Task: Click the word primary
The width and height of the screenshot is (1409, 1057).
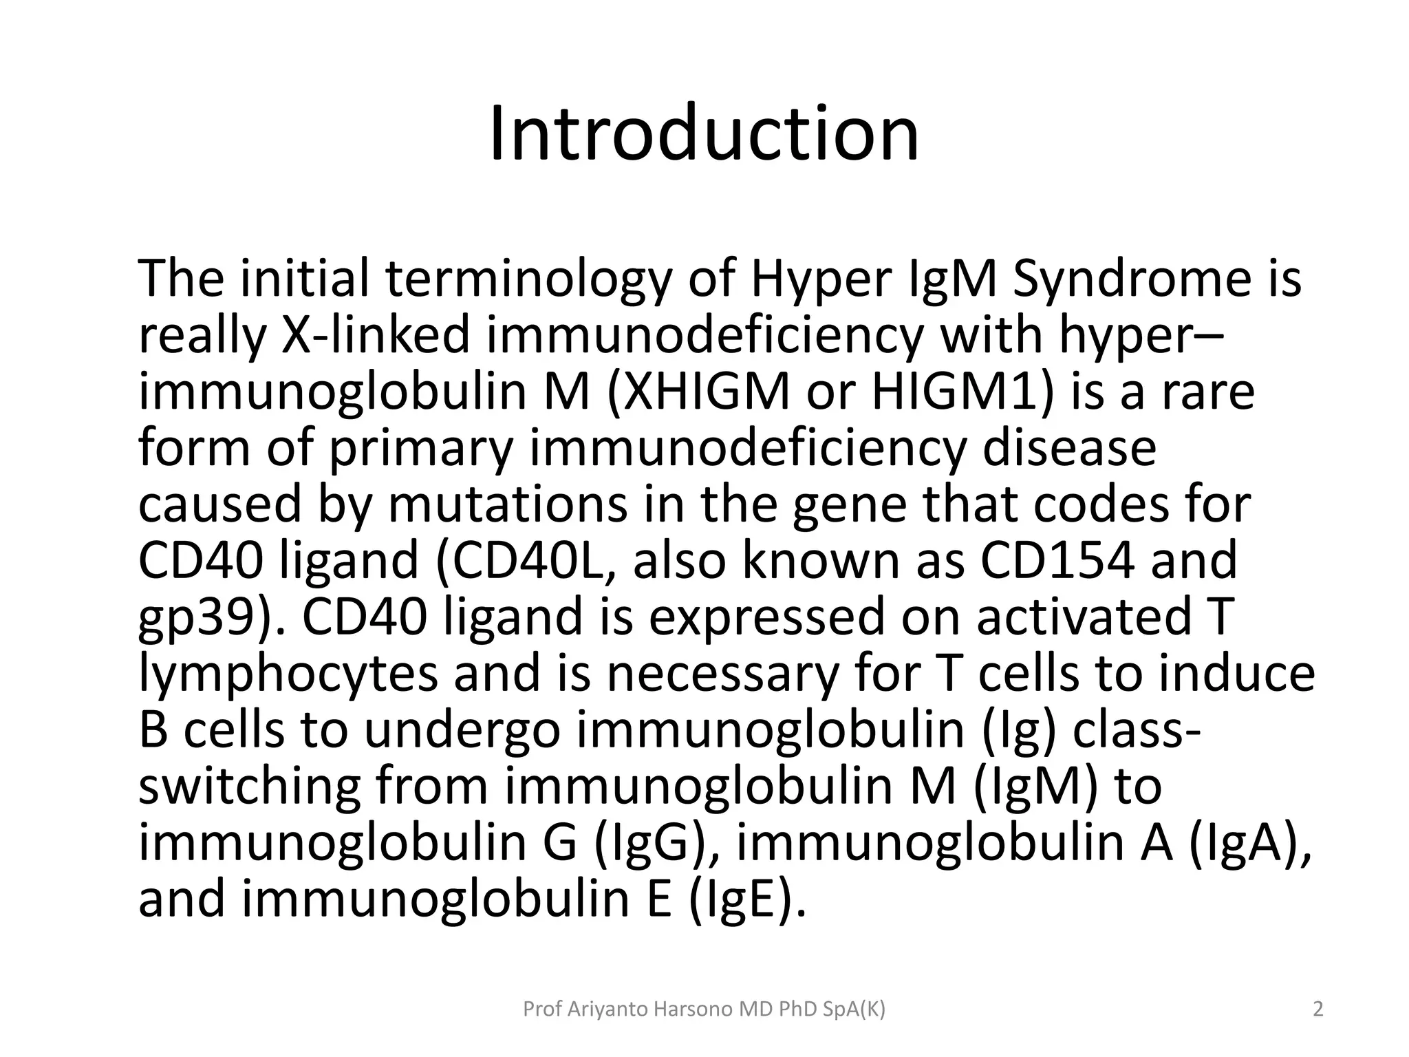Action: [421, 449]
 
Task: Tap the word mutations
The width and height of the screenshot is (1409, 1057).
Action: [508, 504]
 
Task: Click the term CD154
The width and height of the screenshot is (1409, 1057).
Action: [1057, 560]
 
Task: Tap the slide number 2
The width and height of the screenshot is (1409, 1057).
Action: [1318, 1010]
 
